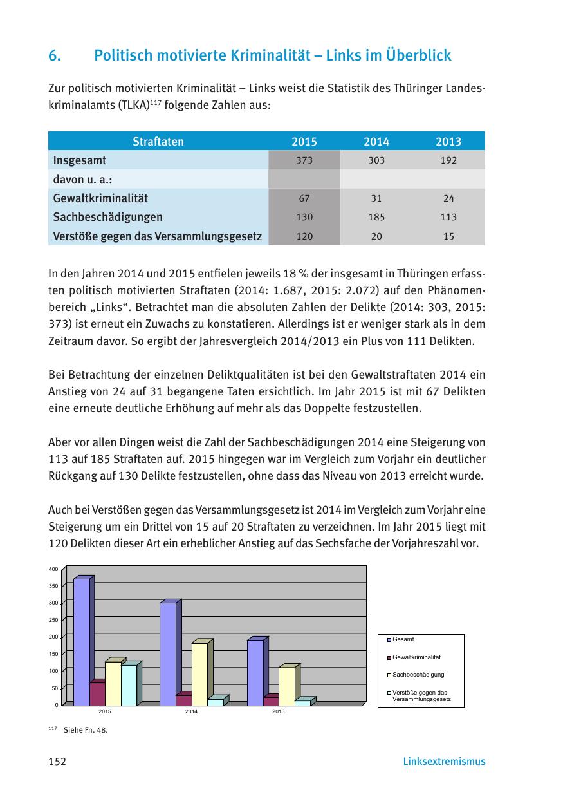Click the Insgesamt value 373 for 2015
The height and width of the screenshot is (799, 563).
coord(304,161)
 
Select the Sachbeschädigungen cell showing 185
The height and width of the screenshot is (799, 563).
coord(376,218)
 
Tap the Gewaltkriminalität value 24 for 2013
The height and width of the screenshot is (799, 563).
coord(448,199)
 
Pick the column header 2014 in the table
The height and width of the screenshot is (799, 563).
coord(376,142)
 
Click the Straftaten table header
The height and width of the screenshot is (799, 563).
coord(158,142)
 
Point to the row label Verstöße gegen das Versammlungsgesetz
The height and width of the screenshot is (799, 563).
coord(158,236)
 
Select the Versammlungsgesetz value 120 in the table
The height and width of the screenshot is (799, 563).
coord(304,237)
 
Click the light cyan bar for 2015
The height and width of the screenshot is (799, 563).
coord(129,685)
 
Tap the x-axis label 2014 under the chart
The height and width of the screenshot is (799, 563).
coord(191,711)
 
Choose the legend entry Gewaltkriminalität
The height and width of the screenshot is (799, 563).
coord(416,657)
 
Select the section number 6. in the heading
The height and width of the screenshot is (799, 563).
coord(55,56)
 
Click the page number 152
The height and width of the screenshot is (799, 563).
coord(57,762)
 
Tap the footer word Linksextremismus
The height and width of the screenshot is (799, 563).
coord(444,762)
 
